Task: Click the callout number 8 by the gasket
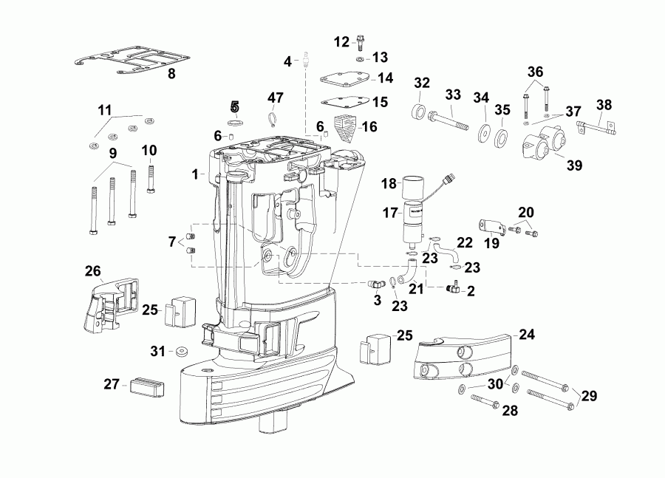[171, 74]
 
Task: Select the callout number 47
[276, 98]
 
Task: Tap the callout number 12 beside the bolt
[341, 41]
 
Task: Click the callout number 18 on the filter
[389, 182]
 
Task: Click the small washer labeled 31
[181, 350]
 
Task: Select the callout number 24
[526, 333]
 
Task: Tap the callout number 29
[589, 397]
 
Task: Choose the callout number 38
[604, 105]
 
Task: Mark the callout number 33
[453, 95]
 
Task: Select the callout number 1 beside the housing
[194, 174]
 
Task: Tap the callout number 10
[149, 151]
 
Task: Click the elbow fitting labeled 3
[375, 283]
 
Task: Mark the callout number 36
[535, 72]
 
